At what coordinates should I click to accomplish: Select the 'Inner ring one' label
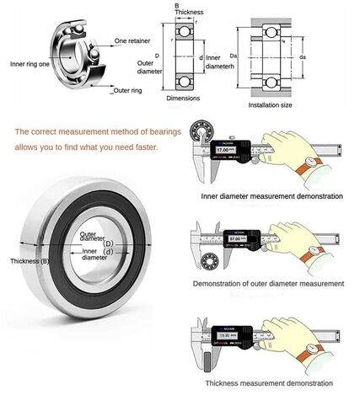point(29,63)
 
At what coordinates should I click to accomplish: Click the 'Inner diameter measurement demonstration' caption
point(271,195)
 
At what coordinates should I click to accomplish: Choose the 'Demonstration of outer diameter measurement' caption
point(268,284)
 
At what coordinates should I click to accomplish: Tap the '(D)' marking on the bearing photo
point(107,243)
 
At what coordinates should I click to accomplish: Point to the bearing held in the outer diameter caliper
point(211,257)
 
